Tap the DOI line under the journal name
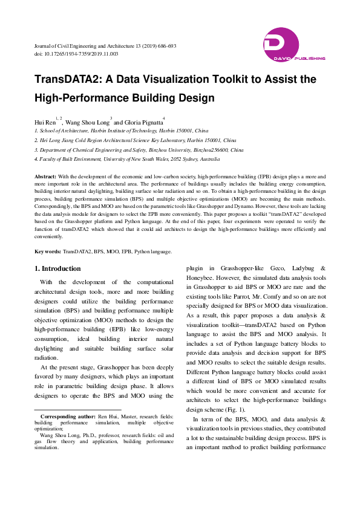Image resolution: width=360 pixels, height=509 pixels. point(76,54)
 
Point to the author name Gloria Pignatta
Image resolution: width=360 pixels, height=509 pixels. point(143,122)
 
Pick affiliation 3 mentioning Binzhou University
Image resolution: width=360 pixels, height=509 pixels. point(139,149)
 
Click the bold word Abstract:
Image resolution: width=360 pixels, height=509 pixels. point(46,175)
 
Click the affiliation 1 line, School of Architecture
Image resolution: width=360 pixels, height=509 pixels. point(121,130)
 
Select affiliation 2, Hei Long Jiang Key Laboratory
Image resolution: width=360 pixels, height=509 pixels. point(135,140)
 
